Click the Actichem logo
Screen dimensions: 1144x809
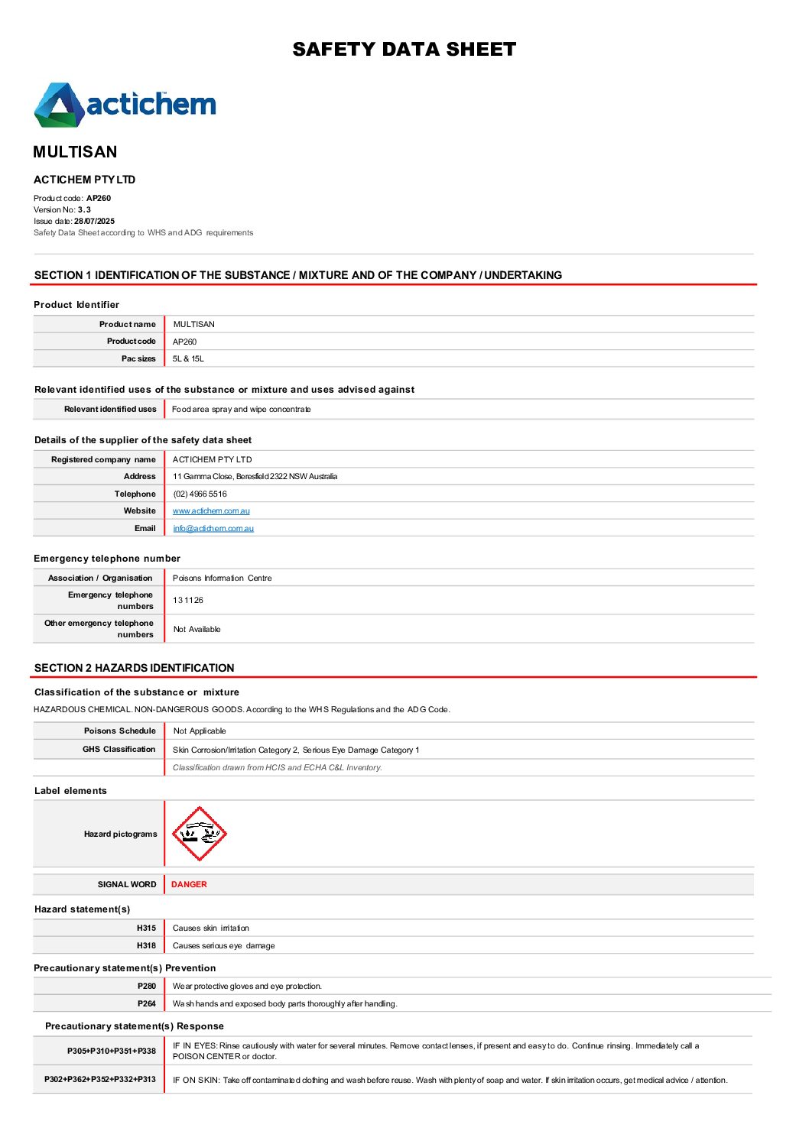125,105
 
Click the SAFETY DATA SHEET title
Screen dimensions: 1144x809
404,50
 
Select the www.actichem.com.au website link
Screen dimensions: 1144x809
211,511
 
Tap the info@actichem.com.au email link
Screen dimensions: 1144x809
213,528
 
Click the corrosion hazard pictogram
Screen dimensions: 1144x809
199,834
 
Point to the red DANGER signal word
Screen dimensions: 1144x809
189,884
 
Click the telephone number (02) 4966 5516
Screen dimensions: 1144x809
200,494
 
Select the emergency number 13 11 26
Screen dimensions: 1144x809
188,600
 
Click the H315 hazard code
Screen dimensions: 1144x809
146,928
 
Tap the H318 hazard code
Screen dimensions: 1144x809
146,945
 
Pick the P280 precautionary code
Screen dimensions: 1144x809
147,986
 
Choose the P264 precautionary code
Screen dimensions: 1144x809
147,1003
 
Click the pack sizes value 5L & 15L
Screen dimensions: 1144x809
188,358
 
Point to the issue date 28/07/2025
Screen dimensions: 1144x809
94,221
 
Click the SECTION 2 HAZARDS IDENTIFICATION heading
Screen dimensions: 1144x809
135,668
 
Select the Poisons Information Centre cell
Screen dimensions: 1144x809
222,578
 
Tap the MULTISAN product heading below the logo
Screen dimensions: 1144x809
75,152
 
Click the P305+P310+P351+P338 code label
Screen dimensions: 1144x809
112,1051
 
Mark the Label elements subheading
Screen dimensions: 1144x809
70,791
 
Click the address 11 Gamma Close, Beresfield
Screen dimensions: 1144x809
255,476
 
